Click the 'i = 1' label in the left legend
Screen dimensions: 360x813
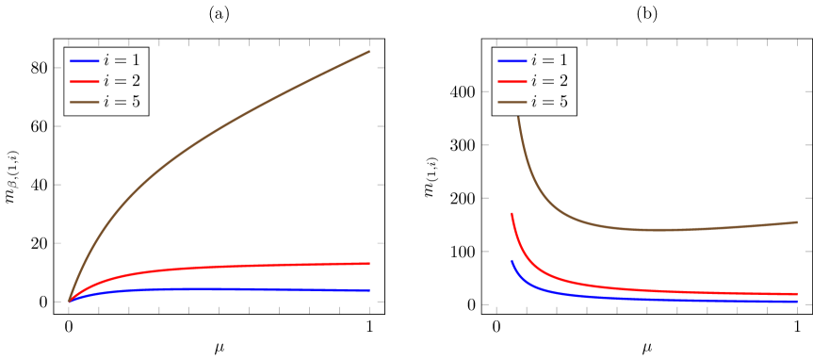[x=122, y=60]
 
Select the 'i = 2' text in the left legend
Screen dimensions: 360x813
[x=122, y=81]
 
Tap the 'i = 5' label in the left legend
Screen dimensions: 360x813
[x=122, y=102]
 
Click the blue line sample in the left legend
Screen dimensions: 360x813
[x=84, y=60]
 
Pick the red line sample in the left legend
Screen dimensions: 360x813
[x=84, y=81]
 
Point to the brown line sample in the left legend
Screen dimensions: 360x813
[x=84, y=102]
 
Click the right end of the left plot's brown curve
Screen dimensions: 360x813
[x=369, y=51]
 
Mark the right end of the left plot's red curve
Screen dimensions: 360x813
[x=369, y=263]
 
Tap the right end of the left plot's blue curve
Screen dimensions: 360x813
[x=369, y=289]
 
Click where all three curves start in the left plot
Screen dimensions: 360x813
[x=69, y=302]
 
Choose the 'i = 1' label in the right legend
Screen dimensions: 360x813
[x=549, y=60]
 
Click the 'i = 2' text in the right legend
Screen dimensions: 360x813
[x=549, y=81]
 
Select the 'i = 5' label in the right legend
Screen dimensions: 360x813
[x=549, y=102]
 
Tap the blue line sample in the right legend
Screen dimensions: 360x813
[x=512, y=60]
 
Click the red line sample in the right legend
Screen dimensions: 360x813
[x=512, y=81]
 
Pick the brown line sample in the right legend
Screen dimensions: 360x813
[x=512, y=102]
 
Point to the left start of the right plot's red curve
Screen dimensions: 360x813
[x=512, y=214]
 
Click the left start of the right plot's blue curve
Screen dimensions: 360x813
[x=512, y=261]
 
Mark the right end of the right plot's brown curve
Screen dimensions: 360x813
[x=797, y=222]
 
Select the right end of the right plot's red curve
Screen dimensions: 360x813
[x=797, y=294]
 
